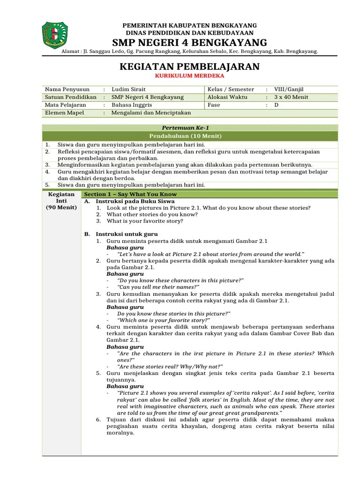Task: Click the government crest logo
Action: pyautogui.click(x=54, y=36)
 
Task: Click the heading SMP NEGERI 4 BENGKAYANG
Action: pyautogui.click(x=189, y=43)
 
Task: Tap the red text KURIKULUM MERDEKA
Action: pyautogui.click(x=189, y=75)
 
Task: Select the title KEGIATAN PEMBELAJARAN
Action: pyautogui.click(x=189, y=66)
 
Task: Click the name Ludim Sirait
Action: pyautogui.click(x=129, y=89)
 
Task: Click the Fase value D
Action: pyautogui.click(x=276, y=105)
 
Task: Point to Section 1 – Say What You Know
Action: pyautogui.click(x=130, y=194)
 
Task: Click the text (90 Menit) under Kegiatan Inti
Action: pyautogui.click(x=61, y=207)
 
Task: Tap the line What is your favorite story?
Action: pyautogui.click(x=145, y=221)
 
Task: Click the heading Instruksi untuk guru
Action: pyautogui.click(x=127, y=234)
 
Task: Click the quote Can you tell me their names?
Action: pyautogui.click(x=158, y=287)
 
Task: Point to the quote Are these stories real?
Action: pyautogui.click(x=170, y=366)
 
